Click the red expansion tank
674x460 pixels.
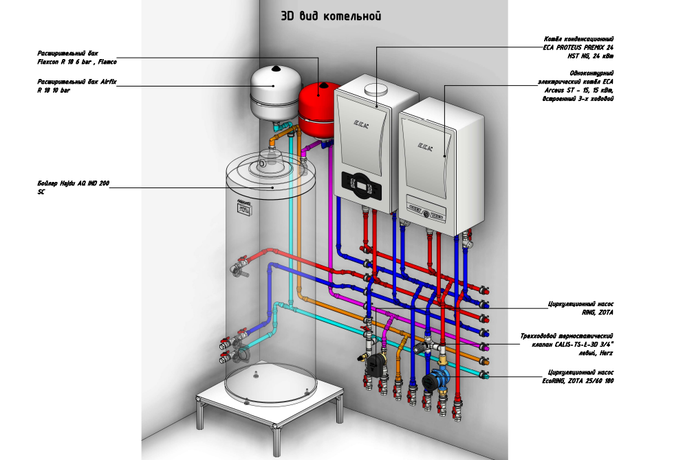tap(316, 110)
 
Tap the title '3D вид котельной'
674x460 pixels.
tap(330, 16)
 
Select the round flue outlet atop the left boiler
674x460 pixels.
tap(376, 89)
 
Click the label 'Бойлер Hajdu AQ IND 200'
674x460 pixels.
tap(73, 184)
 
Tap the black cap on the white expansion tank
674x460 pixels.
tap(274, 67)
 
